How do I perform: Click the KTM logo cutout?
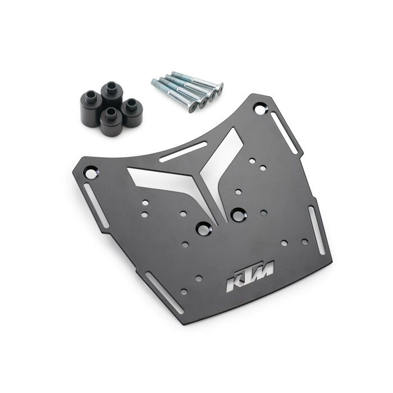[250, 276]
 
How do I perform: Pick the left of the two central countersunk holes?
[203, 229]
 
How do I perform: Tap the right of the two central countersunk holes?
[239, 215]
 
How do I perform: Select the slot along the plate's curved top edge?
[183, 152]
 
